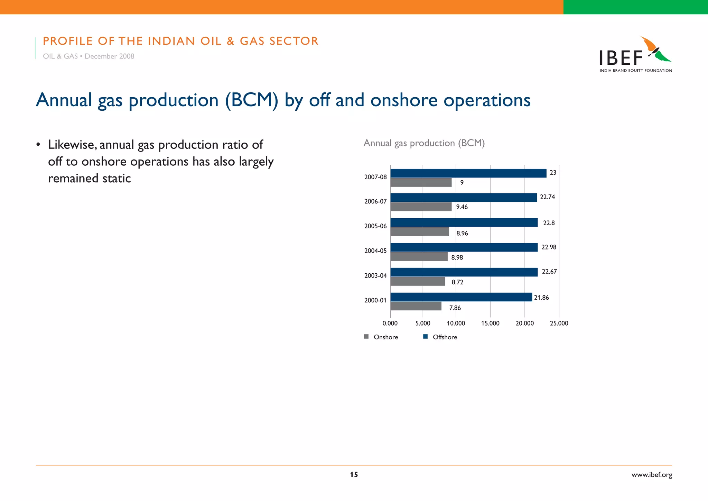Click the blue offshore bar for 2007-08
(468, 173)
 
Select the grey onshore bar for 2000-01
(416, 306)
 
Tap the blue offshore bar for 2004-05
(464, 247)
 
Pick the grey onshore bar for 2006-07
(421, 207)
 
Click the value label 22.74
(547, 197)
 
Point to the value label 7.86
(455, 308)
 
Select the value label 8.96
(462, 233)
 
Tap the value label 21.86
(541, 298)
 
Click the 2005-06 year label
(375, 226)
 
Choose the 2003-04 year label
(375, 276)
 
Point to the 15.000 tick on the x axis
(490, 323)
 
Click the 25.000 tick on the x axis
(559, 323)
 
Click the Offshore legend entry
(440, 337)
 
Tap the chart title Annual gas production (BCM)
(424, 143)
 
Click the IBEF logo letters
(621, 58)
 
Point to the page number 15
(354, 475)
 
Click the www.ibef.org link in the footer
(652, 475)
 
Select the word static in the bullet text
(117, 179)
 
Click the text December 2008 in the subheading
(109, 56)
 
